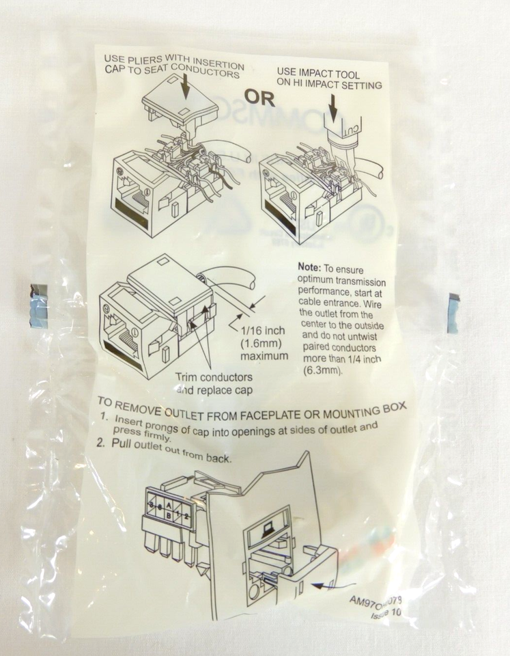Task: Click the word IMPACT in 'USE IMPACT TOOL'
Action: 318,72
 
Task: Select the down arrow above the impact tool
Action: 334,109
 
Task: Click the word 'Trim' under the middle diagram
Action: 188,377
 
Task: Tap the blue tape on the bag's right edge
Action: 453,313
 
